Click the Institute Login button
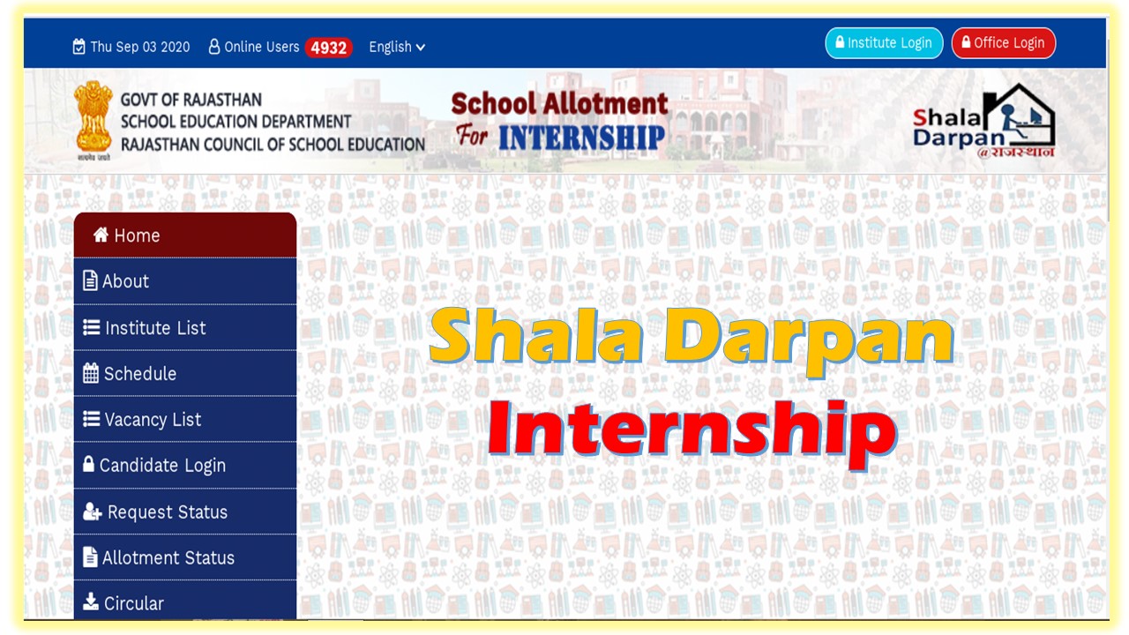[884, 43]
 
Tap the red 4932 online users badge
[328, 48]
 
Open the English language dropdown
[397, 47]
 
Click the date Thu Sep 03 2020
[131, 47]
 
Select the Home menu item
[185, 235]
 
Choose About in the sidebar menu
[185, 281]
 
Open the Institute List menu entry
[185, 328]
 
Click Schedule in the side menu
[185, 374]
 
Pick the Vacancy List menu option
[185, 420]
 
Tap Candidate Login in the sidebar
[185, 466]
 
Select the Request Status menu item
[185, 512]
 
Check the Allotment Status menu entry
[185, 558]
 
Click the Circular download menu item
[185, 603]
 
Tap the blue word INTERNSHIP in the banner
[581, 138]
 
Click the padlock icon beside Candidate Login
[88, 464]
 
